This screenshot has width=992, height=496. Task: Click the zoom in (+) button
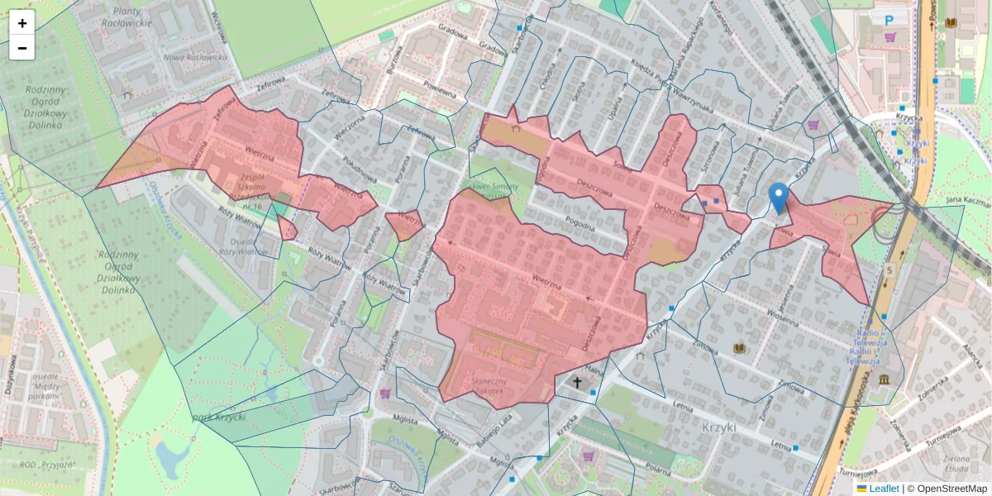coord(22,23)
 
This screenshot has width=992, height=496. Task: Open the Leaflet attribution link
coord(884,489)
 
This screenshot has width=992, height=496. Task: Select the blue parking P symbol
coord(889,20)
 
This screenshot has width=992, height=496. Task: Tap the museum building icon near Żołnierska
coord(885,379)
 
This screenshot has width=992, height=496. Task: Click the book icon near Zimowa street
coord(739,348)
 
